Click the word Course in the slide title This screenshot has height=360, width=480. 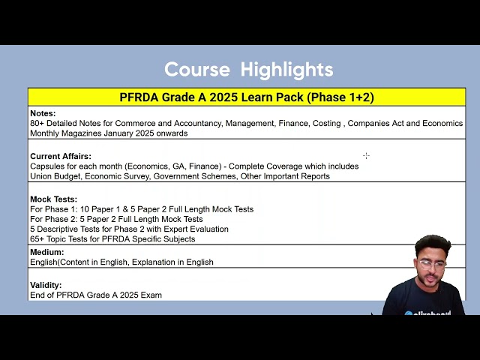point(197,69)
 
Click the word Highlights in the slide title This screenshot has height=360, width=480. point(286,70)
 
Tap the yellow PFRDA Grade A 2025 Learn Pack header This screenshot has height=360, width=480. point(247,97)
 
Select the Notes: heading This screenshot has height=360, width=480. point(43,113)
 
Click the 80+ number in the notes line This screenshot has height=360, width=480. point(37,123)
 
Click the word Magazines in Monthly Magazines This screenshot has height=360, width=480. point(82,133)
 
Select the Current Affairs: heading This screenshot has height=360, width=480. point(61,156)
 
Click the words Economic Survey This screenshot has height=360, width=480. point(118,176)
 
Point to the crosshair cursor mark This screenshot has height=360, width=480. point(366,156)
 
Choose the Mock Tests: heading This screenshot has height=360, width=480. point(53,199)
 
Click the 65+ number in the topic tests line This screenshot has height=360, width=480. point(37,239)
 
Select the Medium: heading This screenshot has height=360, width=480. point(46,252)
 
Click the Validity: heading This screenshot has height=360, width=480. point(46,285)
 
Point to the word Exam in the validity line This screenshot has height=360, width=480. point(151,295)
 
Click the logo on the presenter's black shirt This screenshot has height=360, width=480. point(427,313)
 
